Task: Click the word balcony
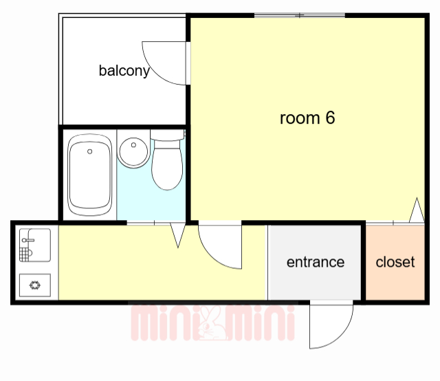[124, 71]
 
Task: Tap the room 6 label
[307, 118]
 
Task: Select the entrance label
[316, 262]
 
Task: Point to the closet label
[395, 262]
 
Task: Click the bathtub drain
[90, 151]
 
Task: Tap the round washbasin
[133, 152]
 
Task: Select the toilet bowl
[167, 165]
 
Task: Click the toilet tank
[167, 135]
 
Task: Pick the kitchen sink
[35, 245]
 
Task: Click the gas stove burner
[35, 285]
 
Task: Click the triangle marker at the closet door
[417, 210]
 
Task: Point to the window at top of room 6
[300, 15]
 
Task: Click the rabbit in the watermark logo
[212, 323]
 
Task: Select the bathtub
[89, 175]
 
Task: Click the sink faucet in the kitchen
[27, 240]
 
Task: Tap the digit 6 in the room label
[330, 118]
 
